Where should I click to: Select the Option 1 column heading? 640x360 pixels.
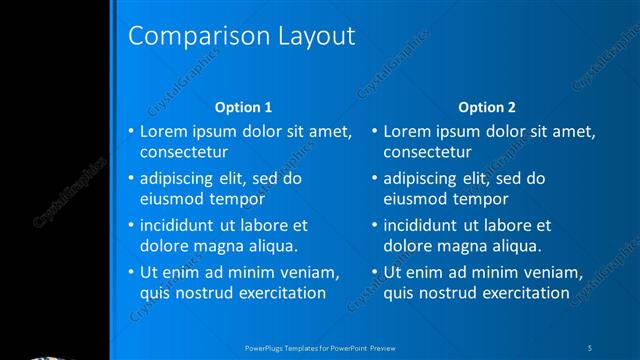(x=243, y=107)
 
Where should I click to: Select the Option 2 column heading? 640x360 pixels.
(x=487, y=107)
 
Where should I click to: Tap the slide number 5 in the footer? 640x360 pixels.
(x=590, y=347)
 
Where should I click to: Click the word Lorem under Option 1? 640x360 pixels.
(x=162, y=131)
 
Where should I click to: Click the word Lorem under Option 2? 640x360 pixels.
(x=406, y=131)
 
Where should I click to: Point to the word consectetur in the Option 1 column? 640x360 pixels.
(x=184, y=153)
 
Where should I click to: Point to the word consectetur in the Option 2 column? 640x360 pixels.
(x=428, y=153)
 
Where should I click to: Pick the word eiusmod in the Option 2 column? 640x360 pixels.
(x=414, y=199)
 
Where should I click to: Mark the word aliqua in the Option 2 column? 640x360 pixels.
(x=516, y=246)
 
